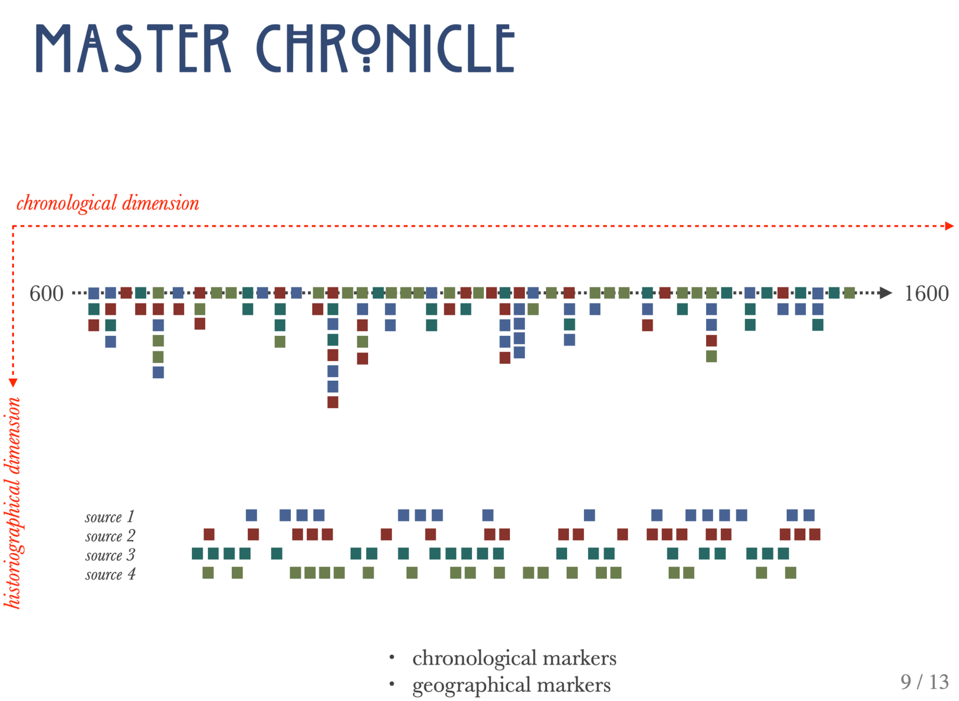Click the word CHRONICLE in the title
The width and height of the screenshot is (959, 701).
click(385, 48)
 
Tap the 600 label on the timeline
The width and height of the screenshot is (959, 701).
click(46, 293)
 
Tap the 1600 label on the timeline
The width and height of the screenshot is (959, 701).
click(927, 293)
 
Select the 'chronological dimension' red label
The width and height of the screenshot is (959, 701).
click(108, 203)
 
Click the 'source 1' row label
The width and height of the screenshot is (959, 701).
click(110, 516)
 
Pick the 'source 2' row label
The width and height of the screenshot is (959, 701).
click(110, 536)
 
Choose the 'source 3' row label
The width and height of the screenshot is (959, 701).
click(110, 555)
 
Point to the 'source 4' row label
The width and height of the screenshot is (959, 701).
click(110, 574)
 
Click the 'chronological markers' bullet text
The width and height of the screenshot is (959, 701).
click(514, 658)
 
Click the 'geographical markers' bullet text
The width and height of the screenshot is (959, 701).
click(511, 685)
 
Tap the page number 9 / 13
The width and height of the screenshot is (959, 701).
click(925, 682)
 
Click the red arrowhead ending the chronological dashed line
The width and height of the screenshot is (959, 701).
click(950, 226)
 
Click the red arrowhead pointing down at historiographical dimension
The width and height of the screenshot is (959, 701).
click(13, 383)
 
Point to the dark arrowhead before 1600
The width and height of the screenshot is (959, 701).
click(886, 293)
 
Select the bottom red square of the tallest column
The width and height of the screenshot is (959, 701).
click(333, 402)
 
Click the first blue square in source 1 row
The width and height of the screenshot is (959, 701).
click(252, 515)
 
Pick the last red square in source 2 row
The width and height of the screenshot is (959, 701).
click(815, 535)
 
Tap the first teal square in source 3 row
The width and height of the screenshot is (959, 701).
click(198, 554)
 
